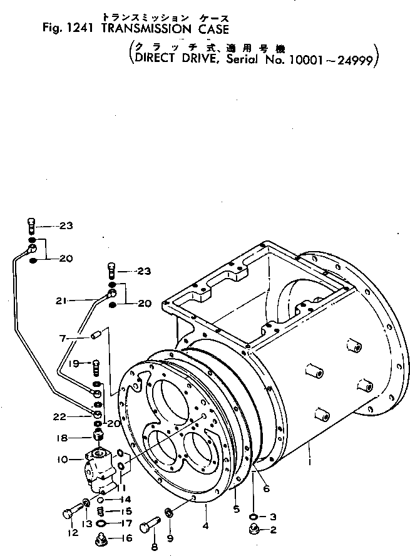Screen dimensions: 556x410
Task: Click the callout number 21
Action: (60, 301)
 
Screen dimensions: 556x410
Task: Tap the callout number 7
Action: (63, 339)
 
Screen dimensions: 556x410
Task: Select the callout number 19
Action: (73, 363)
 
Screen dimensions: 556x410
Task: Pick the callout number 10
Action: (64, 460)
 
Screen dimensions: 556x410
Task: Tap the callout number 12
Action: (73, 533)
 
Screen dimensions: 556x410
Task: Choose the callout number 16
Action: (128, 538)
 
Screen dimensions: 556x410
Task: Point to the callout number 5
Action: (237, 509)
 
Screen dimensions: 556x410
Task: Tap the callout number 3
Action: (273, 517)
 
